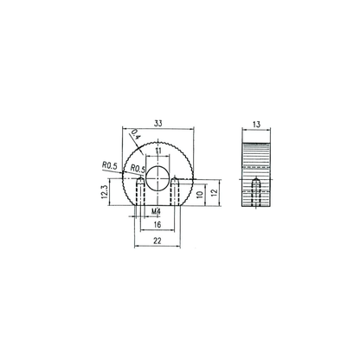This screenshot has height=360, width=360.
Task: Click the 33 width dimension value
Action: pyautogui.click(x=157, y=124)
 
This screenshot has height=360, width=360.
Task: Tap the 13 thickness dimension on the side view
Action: pyautogui.click(x=256, y=125)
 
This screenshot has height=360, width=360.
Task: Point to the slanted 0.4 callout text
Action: pyautogui.click(x=136, y=134)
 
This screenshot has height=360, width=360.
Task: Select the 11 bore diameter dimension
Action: pyautogui.click(x=157, y=151)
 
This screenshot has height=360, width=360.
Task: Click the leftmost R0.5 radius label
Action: pyautogui.click(x=110, y=165)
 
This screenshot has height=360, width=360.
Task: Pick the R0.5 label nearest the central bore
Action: pyautogui.click(x=138, y=168)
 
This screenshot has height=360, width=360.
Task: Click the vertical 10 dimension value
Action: pyautogui.click(x=200, y=195)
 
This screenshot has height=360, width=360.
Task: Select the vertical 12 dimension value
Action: pyautogui.click(x=214, y=193)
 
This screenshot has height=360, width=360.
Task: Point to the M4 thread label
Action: pyautogui.click(x=156, y=211)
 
